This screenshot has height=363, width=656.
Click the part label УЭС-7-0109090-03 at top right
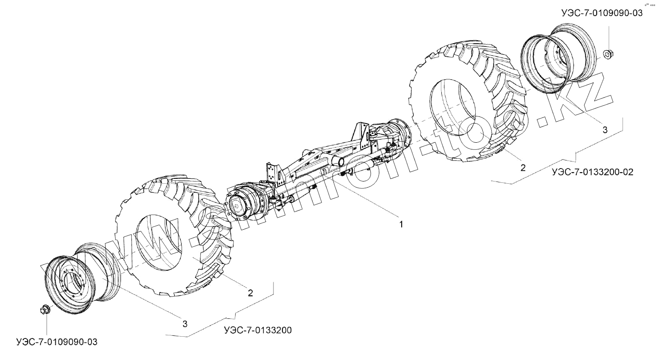pyautogui.click(x=602, y=13)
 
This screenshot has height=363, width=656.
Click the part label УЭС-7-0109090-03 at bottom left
pyautogui.click(x=56, y=342)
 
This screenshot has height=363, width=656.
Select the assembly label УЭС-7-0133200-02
pyautogui.click(x=592, y=172)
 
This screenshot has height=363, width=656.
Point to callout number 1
pyautogui.click(x=401, y=224)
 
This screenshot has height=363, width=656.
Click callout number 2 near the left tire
pyautogui.click(x=250, y=293)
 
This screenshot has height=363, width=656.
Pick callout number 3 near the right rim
pyautogui.click(x=605, y=130)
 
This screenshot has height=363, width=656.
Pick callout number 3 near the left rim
pyautogui.click(x=185, y=324)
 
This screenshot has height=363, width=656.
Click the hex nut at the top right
pyautogui.click(x=608, y=54)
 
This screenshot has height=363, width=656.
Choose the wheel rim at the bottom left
pyautogui.click(x=80, y=279)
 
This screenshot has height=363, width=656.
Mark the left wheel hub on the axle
pyautogui.click(x=241, y=206)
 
